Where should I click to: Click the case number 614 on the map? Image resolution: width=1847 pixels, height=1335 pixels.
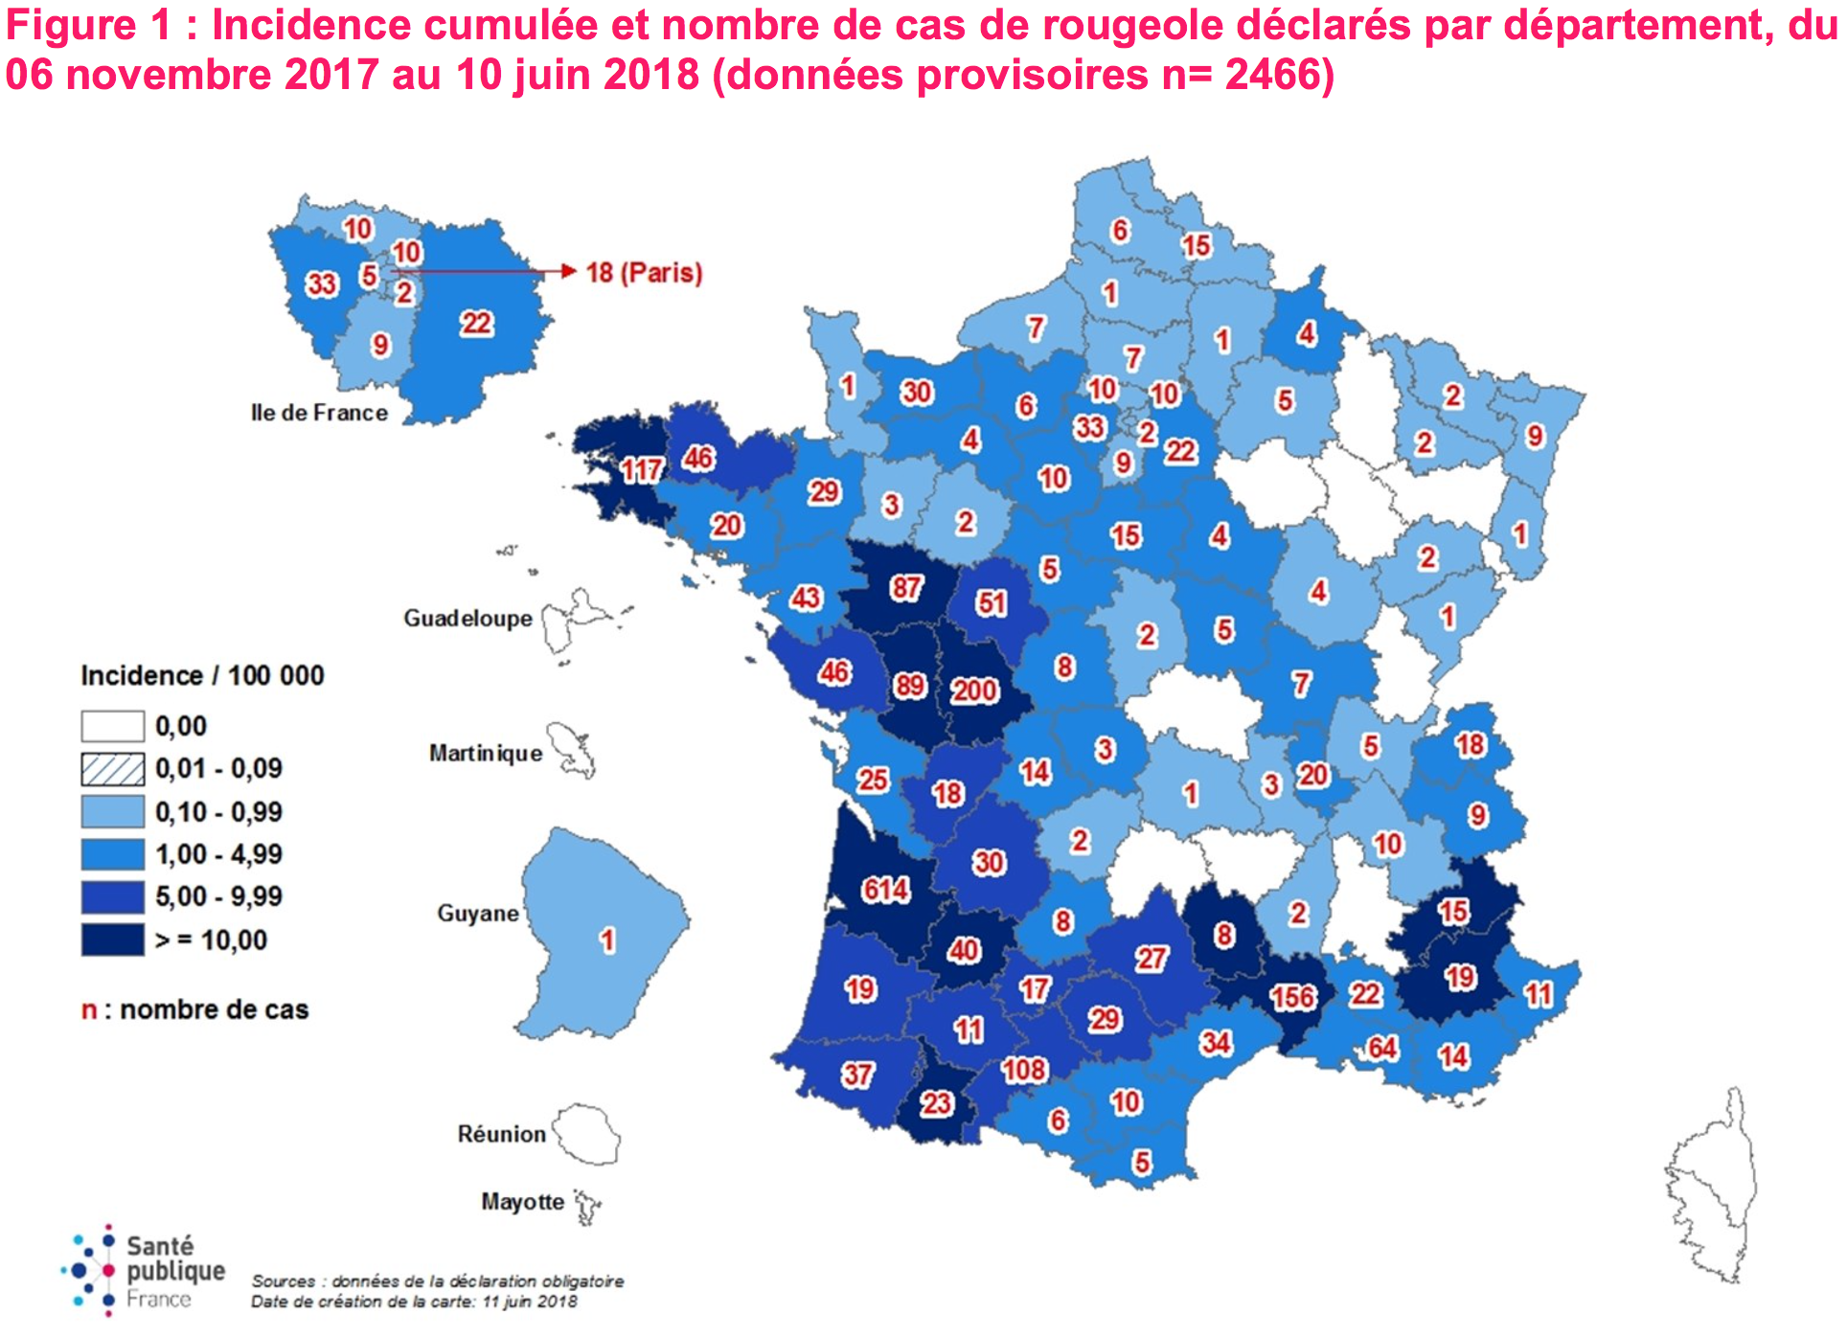[x=885, y=890]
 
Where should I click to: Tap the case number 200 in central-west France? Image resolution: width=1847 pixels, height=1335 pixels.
[x=974, y=690]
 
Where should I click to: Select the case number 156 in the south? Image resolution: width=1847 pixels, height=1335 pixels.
[x=1292, y=997]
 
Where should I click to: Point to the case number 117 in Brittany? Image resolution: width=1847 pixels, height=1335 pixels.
[x=641, y=469]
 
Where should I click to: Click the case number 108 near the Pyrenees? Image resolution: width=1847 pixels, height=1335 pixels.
[x=1024, y=1070]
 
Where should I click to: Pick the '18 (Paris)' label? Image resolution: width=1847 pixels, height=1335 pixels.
[x=644, y=273]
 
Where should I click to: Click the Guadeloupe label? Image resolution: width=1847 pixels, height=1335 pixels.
[x=467, y=619]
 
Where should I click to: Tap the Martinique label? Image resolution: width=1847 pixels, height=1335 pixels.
[x=486, y=754]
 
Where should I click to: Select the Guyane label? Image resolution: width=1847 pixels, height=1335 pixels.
[x=477, y=914]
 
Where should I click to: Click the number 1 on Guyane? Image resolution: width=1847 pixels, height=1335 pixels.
[x=606, y=940]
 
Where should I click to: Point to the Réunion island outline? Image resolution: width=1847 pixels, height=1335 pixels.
[x=586, y=1134]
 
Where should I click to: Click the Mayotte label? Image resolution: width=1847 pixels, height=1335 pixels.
[x=522, y=1202]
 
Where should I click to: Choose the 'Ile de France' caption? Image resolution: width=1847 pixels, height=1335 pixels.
[x=319, y=413]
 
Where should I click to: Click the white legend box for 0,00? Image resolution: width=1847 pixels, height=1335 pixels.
[x=112, y=726]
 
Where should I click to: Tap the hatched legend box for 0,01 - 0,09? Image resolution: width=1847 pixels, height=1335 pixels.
[x=112, y=768]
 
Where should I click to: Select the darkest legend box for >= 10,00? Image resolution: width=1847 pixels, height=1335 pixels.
[x=112, y=939]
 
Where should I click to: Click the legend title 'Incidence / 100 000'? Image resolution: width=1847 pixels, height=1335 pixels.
[x=202, y=676]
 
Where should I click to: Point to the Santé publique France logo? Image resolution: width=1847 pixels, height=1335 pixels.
[x=144, y=1271]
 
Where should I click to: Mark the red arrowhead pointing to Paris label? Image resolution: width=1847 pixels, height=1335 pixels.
[x=569, y=271]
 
